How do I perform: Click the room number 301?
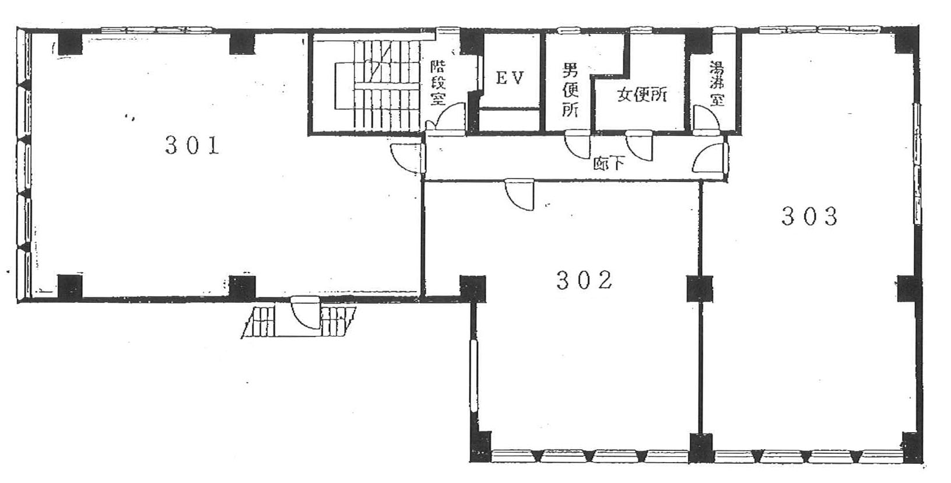(x=192, y=145)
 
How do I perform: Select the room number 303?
(x=810, y=216)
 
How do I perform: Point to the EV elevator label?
(x=510, y=78)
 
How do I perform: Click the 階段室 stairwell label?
(x=438, y=83)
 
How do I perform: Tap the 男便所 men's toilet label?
(x=570, y=90)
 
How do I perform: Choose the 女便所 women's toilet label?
(x=641, y=94)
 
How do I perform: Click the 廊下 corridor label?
(x=609, y=163)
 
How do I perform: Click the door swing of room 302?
(x=519, y=194)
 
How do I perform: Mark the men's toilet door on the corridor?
(x=577, y=145)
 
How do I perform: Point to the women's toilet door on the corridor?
(x=639, y=146)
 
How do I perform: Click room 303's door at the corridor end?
(x=708, y=158)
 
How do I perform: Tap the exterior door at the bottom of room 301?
(x=306, y=313)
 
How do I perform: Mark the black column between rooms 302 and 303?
(x=699, y=289)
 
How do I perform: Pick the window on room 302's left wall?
(x=474, y=376)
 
